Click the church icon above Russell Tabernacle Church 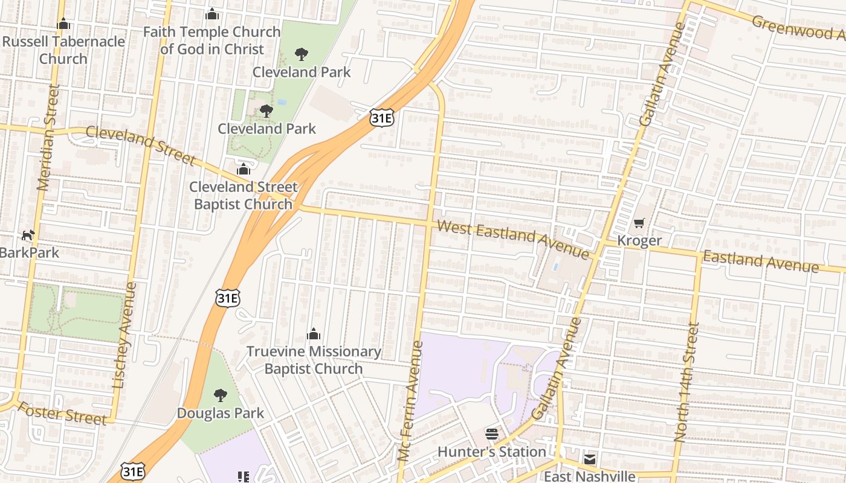63,24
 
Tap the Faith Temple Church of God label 212,40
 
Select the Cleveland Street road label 140,145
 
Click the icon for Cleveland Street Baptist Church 244,169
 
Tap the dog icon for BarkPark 28,235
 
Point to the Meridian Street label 49,138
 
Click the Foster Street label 62,413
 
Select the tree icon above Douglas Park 221,395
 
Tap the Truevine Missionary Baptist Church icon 313,334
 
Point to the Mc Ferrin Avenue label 410,401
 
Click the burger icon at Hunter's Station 492,434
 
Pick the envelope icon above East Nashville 590,459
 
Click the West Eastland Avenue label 513,240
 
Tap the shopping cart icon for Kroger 639,223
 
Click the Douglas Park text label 221,414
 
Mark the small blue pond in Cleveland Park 281,102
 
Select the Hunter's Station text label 492,452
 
